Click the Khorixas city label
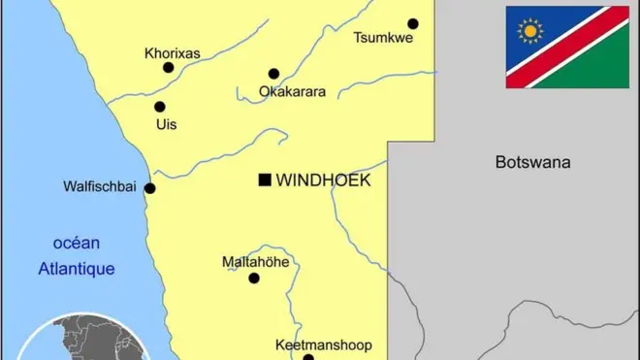172,53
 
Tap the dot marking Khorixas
169,68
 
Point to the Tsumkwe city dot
413,24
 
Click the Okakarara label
292,92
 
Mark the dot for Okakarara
273,74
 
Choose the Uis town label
166,125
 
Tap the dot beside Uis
159,107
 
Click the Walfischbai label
99,186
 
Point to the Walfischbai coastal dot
149,188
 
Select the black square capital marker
264,180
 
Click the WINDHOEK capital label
324,180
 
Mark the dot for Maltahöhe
254,278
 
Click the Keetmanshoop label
317,344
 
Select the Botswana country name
532,162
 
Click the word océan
77,244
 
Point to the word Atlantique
77,269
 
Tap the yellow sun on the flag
530,31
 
